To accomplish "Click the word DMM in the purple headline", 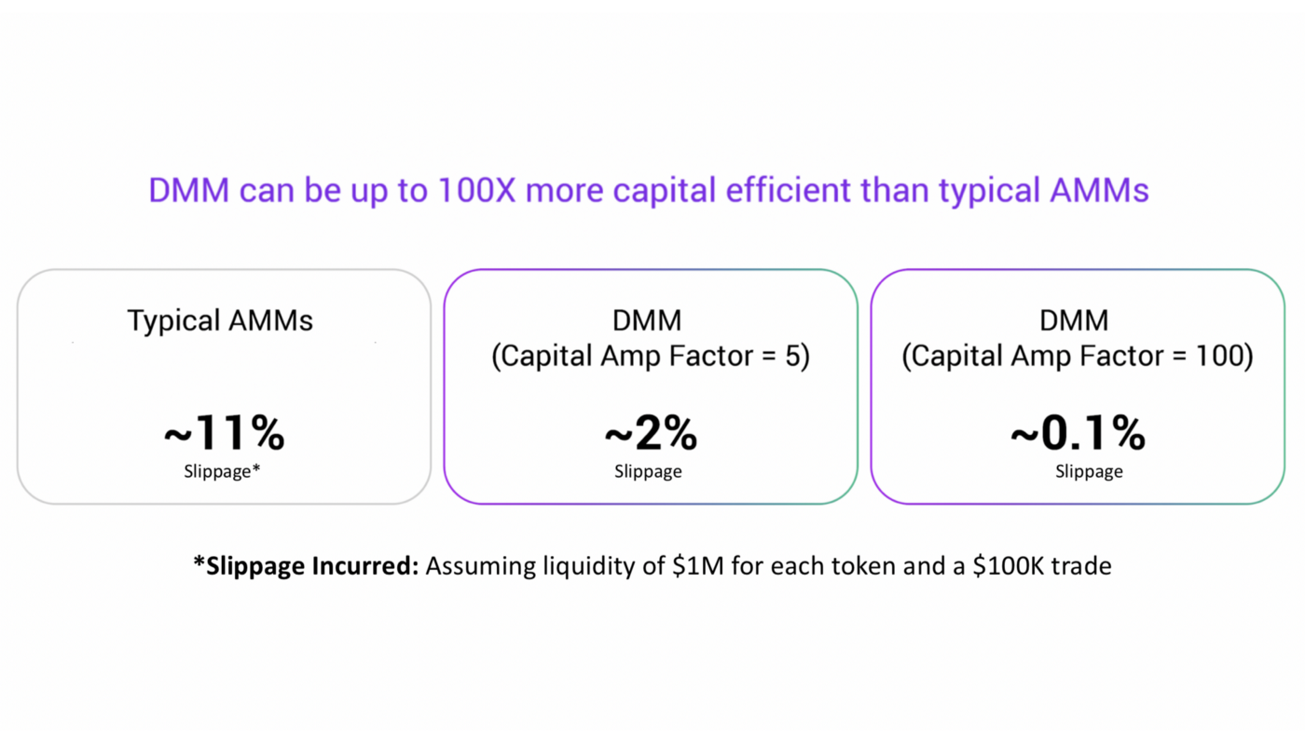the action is (x=188, y=190).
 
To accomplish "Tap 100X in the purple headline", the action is (x=476, y=190).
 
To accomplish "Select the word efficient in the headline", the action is (x=789, y=190).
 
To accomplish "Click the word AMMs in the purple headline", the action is (x=1099, y=190).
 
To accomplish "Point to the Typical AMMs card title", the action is (x=220, y=320).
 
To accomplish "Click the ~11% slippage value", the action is (x=225, y=433).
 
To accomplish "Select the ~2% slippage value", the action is (x=651, y=433).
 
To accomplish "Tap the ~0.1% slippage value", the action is (x=1078, y=433).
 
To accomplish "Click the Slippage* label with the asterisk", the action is (x=222, y=471).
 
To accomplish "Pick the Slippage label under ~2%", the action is (x=648, y=471).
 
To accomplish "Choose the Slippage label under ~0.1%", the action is (x=1089, y=471).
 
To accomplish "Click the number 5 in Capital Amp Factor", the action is (x=793, y=356).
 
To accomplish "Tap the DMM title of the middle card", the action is (x=647, y=320).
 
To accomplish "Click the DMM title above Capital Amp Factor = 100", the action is (x=1074, y=320).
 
